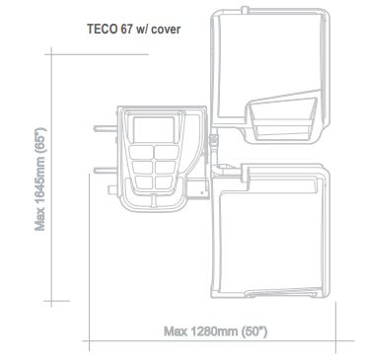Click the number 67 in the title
click(x=128, y=29)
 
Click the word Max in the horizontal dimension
click(x=175, y=329)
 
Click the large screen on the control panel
click(x=150, y=129)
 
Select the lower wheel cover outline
click(x=271, y=237)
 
